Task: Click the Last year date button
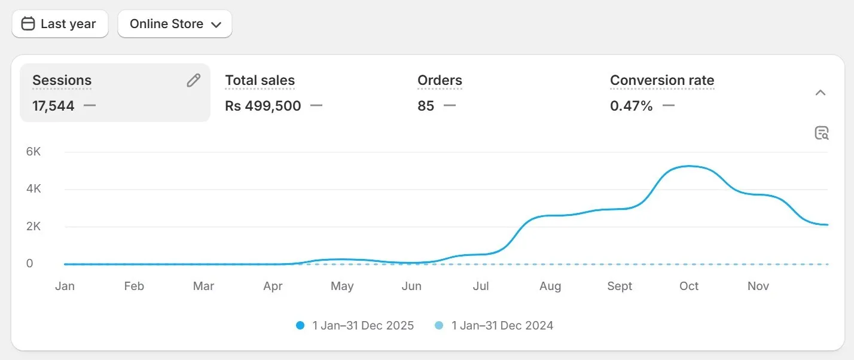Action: point(60,24)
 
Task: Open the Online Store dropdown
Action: point(175,24)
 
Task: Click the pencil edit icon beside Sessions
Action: point(193,81)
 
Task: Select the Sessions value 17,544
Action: point(54,106)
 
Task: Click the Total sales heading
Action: point(260,80)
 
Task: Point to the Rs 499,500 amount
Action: point(263,106)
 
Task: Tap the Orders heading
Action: point(440,80)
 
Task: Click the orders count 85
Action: point(426,106)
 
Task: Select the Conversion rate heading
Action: point(662,80)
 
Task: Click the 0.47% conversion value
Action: point(631,106)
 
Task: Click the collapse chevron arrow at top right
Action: point(821,93)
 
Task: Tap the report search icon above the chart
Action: point(822,133)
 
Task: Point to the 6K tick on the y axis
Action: point(33,152)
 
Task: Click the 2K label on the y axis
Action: point(33,227)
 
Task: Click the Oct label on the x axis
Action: point(689,286)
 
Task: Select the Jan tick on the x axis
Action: point(65,286)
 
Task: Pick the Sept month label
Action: point(620,286)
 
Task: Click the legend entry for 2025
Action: point(355,326)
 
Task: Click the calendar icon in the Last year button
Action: point(28,24)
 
